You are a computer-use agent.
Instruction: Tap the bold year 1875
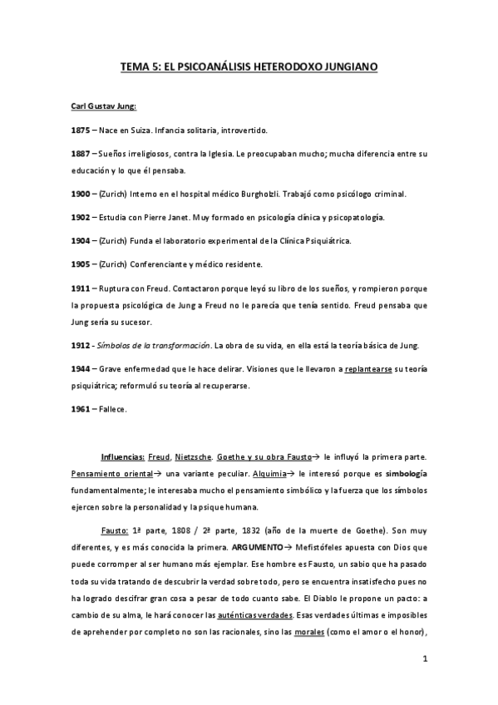(x=81, y=131)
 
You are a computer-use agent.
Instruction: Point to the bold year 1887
(x=81, y=154)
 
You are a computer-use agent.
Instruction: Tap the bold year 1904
(x=81, y=240)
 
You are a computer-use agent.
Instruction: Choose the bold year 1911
(x=81, y=287)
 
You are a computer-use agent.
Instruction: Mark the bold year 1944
(x=81, y=368)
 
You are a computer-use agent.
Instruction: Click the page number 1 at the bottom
(x=425, y=660)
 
